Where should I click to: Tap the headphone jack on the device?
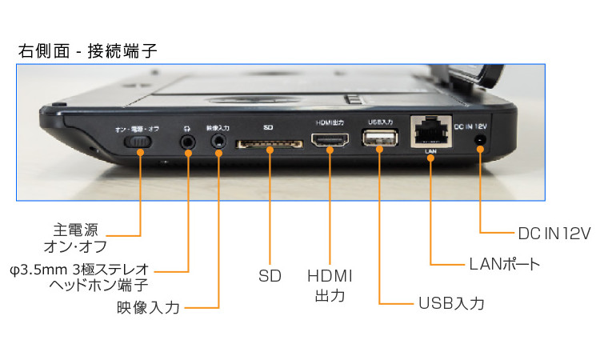tap(189, 142)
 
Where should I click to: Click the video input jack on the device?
tap(218, 142)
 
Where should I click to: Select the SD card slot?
tap(268, 144)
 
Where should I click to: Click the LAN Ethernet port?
tap(430, 132)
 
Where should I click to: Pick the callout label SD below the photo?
tap(269, 275)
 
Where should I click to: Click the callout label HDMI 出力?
tap(330, 285)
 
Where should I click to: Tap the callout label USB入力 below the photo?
tap(451, 304)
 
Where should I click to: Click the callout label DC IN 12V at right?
tap(553, 233)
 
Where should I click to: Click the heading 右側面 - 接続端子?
tap(87, 51)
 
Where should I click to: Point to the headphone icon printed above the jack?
tap(188, 126)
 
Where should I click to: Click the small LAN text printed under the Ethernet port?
tap(430, 151)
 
